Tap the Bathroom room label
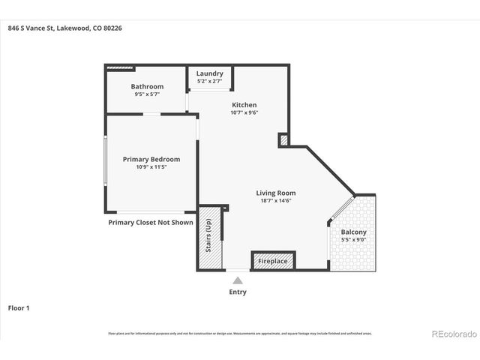[147, 87]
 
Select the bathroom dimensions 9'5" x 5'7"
[147, 95]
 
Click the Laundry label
[209, 73]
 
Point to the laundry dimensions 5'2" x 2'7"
[209, 81]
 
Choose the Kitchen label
[244, 105]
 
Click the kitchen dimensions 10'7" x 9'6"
[244, 113]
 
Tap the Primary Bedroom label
[151, 159]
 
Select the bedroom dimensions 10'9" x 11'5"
[151, 167]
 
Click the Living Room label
[276, 193]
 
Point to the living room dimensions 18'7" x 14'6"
[276, 201]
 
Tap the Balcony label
[353, 232]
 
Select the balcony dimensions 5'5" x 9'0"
[353, 241]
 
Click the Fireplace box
[273, 261]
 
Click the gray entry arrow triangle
[238, 280]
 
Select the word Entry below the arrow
[238, 292]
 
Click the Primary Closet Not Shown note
[150, 223]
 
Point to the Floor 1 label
[19, 307]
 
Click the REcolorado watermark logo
[451, 333]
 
